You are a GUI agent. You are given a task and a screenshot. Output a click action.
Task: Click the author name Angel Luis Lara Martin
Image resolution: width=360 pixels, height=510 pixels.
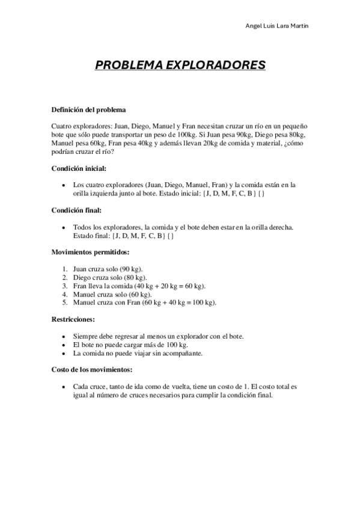click(281, 26)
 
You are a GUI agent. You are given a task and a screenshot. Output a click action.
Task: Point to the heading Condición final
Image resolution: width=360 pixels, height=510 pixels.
click(76, 210)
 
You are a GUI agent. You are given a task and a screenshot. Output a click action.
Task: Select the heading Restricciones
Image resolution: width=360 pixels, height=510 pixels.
click(74, 319)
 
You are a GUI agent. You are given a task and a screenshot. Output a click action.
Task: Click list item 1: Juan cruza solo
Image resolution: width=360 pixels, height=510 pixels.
click(108, 269)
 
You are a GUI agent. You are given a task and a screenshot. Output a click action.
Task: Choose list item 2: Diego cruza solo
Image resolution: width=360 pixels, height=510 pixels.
click(110, 277)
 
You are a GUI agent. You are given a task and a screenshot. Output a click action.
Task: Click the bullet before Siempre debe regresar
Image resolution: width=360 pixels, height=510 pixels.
click(64, 336)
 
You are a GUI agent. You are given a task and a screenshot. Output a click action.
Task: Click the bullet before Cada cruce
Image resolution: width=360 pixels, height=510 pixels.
click(64, 386)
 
